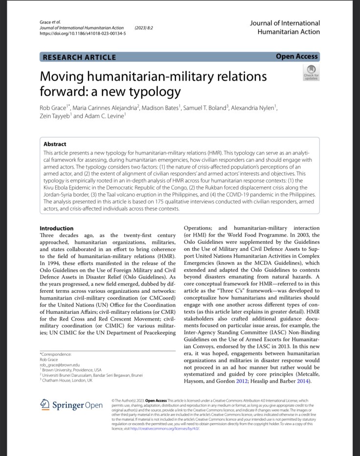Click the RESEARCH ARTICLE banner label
(79, 57)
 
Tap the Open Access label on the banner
(296, 57)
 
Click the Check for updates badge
(311, 73)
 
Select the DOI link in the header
(82, 34)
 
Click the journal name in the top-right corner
(285, 27)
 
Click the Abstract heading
(55, 144)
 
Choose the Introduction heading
(56, 228)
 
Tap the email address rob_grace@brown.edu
(60, 365)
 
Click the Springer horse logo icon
(45, 404)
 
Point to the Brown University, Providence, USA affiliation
(71, 370)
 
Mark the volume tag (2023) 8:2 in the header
(143, 28)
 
